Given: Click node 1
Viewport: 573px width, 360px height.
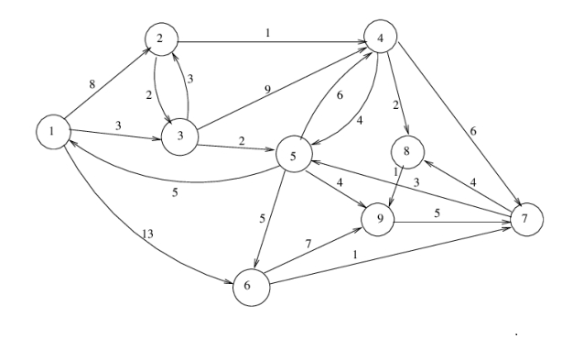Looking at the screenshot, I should coord(54,134).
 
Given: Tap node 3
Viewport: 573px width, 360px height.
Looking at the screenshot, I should coord(179,136).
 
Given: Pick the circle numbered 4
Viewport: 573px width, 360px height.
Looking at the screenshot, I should coord(380,38).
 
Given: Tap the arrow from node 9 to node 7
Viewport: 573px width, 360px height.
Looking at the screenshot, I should coord(449,220).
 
